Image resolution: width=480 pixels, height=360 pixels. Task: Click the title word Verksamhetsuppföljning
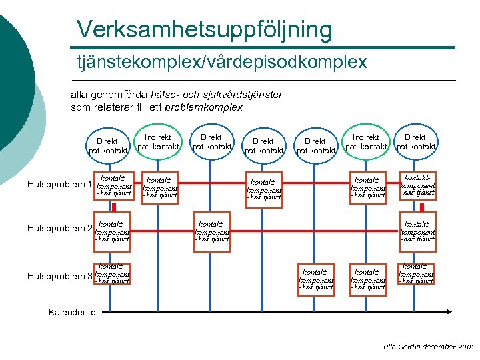[204, 29]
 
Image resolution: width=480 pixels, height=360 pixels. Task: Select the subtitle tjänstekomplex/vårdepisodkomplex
[221, 63]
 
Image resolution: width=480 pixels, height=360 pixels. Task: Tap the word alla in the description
[79, 95]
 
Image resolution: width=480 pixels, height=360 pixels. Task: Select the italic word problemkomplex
[204, 107]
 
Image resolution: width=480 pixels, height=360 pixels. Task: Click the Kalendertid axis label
[73, 311]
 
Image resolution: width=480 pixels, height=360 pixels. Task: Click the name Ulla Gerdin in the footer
[398, 347]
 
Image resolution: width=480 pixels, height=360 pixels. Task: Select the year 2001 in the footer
[466, 347]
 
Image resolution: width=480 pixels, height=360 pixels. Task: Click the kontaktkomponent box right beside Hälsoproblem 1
[112, 185]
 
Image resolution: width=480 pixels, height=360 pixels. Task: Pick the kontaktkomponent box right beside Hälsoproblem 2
[112, 229]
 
